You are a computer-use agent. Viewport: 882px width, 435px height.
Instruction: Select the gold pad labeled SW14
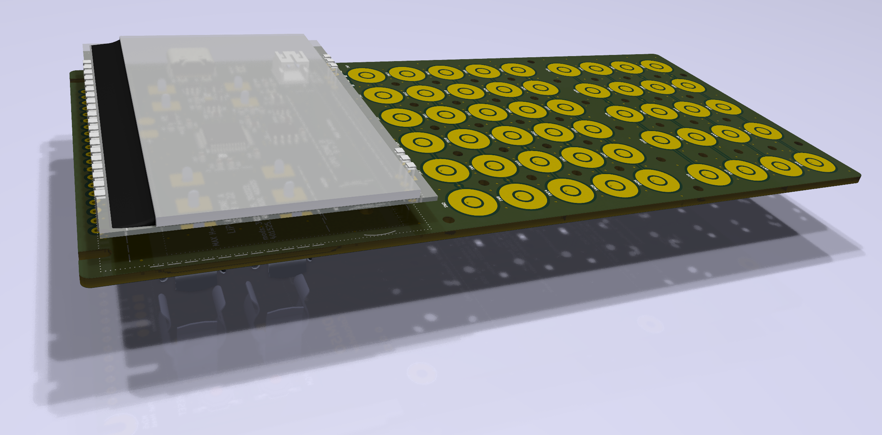[x=570, y=191]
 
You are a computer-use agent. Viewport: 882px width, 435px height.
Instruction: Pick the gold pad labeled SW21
[x=582, y=157]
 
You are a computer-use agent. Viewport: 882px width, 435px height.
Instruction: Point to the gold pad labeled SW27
[x=623, y=153]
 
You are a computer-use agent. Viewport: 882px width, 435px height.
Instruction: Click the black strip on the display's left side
[x=127, y=134]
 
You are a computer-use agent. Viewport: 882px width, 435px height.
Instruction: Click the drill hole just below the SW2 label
[x=448, y=220]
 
